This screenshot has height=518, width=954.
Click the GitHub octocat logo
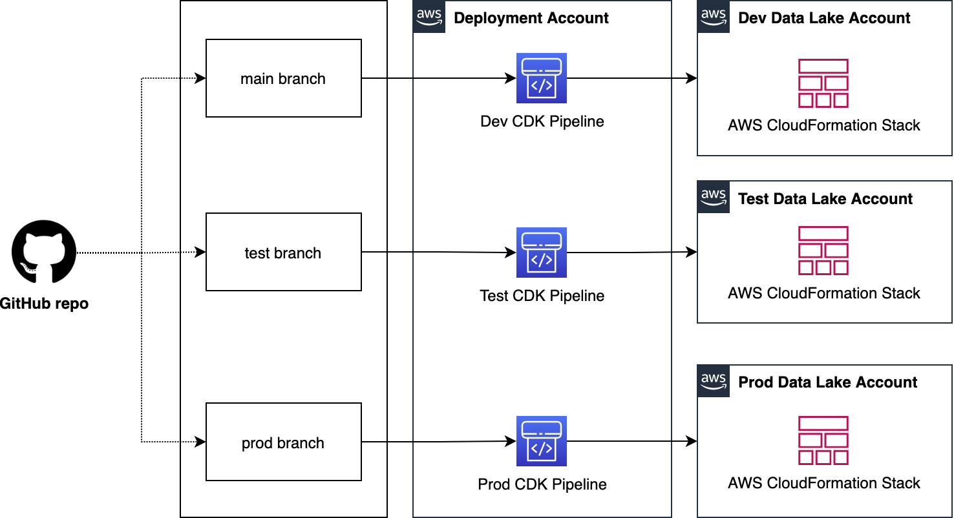click(x=44, y=252)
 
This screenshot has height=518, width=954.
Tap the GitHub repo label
click(x=44, y=304)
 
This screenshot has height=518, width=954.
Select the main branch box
click(x=283, y=78)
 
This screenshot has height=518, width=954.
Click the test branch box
click(x=283, y=253)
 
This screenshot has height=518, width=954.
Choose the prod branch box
click(x=283, y=442)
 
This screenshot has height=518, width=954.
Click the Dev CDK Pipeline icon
click(x=542, y=78)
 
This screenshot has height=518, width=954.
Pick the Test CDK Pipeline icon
click(x=542, y=253)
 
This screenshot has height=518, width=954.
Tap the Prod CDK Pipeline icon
click(x=542, y=441)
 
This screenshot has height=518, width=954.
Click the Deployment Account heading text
click(x=531, y=18)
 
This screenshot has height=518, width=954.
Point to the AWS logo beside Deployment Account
click(x=429, y=17)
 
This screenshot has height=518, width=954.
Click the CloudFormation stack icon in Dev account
click(x=823, y=83)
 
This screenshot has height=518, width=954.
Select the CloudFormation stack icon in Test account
click(x=823, y=251)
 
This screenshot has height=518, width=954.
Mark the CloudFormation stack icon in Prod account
click(x=823, y=441)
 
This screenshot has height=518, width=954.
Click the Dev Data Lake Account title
click(x=824, y=18)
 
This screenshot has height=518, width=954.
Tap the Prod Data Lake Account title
click(x=827, y=382)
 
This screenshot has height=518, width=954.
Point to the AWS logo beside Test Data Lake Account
click(x=714, y=197)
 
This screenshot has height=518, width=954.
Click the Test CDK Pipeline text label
click(x=542, y=296)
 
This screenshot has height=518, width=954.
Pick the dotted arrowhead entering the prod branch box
click(x=201, y=442)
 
